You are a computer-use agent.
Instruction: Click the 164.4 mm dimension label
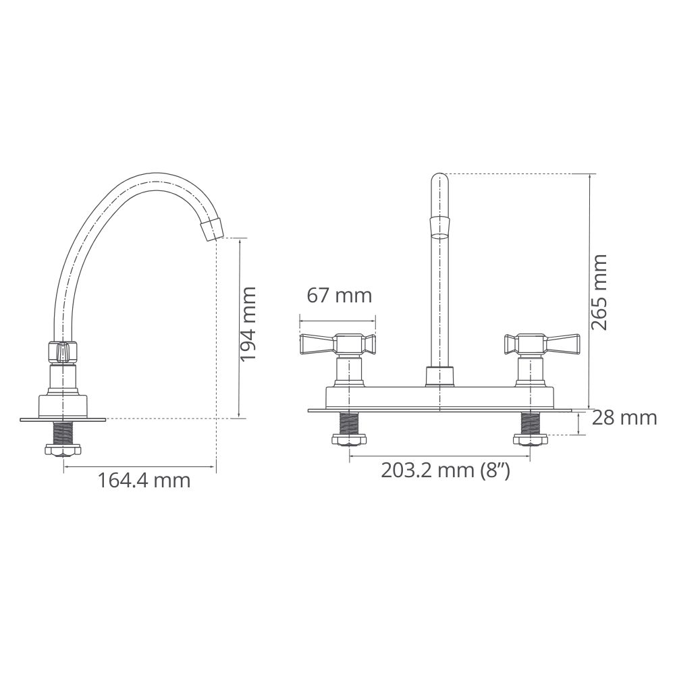point(144,481)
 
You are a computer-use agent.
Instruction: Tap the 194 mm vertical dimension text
point(248,324)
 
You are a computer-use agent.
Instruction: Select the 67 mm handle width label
point(340,296)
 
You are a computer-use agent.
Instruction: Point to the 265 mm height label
point(598,293)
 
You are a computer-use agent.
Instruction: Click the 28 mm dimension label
point(624,418)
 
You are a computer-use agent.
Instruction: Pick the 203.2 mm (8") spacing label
point(446,470)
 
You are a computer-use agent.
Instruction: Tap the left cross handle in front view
point(337,344)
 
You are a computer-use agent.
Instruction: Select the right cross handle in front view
point(541,344)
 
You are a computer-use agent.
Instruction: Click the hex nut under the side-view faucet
point(63,450)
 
